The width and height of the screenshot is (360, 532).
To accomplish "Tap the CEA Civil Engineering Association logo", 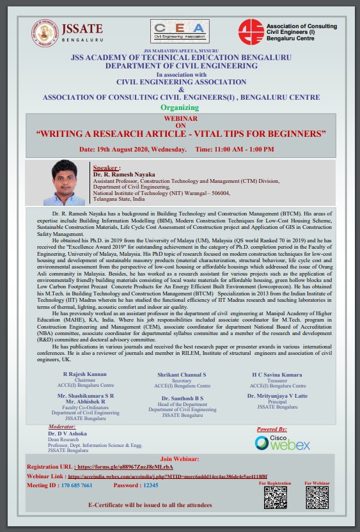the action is [x=180, y=30].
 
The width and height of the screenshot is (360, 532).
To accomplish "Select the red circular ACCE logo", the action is [x=251, y=31].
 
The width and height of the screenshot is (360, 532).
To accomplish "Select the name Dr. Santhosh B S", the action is [x=182, y=398].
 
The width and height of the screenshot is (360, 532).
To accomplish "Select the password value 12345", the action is [x=150, y=485].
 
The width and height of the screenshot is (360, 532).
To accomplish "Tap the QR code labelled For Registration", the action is [x=276, y=497].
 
